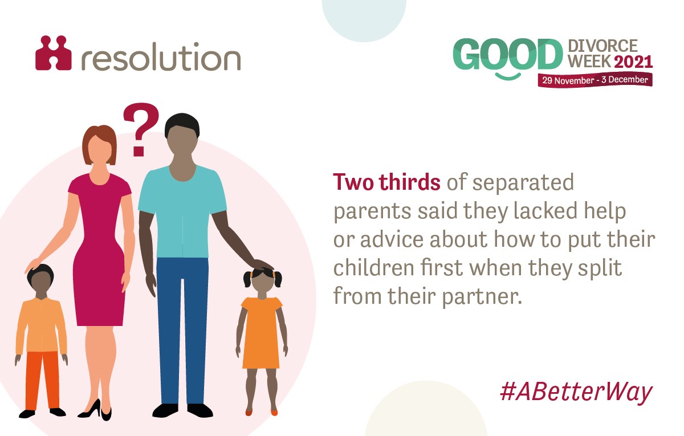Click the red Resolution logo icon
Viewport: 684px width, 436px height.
[x=54, y=54]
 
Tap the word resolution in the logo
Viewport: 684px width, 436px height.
[x=160, y=57]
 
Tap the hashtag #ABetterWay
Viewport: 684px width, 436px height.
[x=575, y=393]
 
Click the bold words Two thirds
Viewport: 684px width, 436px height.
[x=386, y=182]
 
